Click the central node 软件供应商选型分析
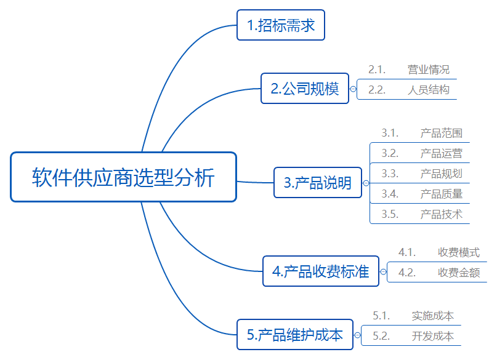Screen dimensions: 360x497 tap(123, 177)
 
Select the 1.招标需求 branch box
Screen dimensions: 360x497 tap(281, 25)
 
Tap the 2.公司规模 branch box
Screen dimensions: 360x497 tap(304, 89)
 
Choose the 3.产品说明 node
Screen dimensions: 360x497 tap(317, 183)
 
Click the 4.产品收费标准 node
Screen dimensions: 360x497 tap(321, 271)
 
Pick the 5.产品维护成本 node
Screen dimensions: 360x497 tap(295, 335)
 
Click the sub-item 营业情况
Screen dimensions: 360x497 tap(428, 70)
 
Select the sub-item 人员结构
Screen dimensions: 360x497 tap(428, 90)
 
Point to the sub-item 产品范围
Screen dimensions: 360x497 tap(441, 133)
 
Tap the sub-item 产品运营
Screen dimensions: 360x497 tap(441, 153)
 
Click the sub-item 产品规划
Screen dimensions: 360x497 tap(441, 174)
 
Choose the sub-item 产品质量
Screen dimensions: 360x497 tap(441, 194)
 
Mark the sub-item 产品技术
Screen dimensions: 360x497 tap(441, 214)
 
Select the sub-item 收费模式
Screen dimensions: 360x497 tap(459, 252)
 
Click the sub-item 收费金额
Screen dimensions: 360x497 tap(459, 273)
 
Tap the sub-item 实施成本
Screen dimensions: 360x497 tap(432, 316)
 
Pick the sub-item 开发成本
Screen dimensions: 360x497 tap(432, 336)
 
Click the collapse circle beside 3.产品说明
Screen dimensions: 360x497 tap(366, 183)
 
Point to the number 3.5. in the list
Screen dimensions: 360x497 tap(390, 214)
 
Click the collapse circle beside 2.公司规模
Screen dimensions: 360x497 tap(353, 89)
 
